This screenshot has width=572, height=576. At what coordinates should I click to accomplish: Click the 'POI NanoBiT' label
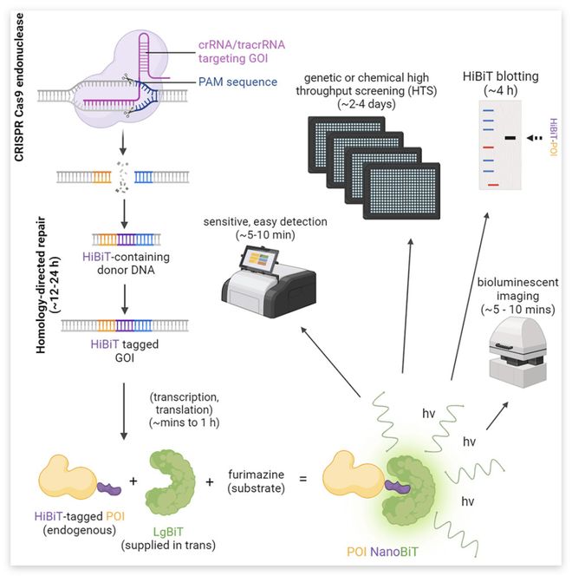coord(384,551)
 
